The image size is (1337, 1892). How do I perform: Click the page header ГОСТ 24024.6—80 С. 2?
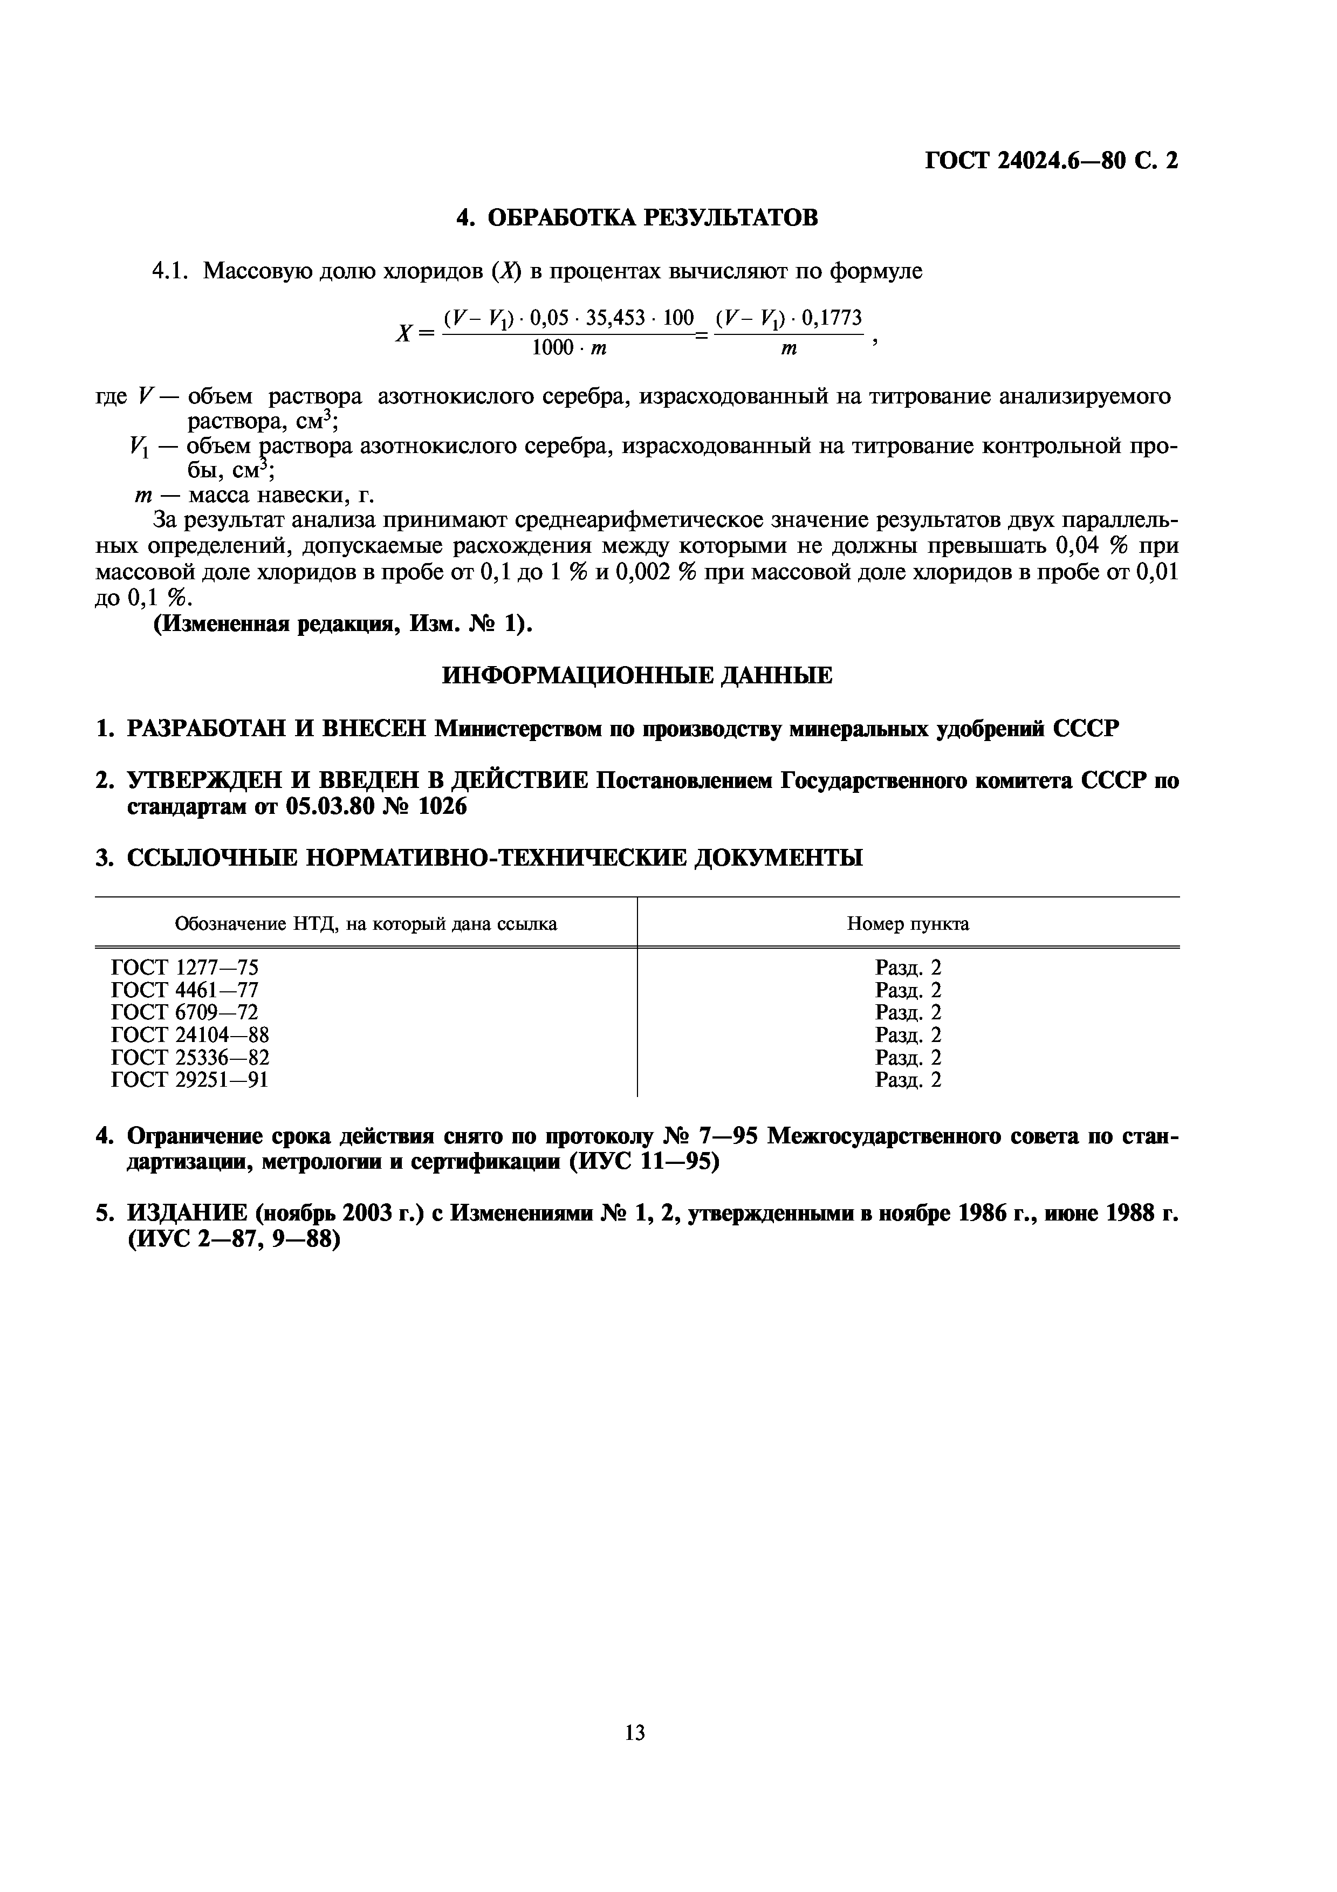pyautogui.click(x=1051, y=161)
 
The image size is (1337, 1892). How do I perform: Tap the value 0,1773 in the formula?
pyautogui.click(x=831, y=318)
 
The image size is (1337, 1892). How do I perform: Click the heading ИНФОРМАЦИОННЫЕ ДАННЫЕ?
pyautogui.click(x=637, y=676)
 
